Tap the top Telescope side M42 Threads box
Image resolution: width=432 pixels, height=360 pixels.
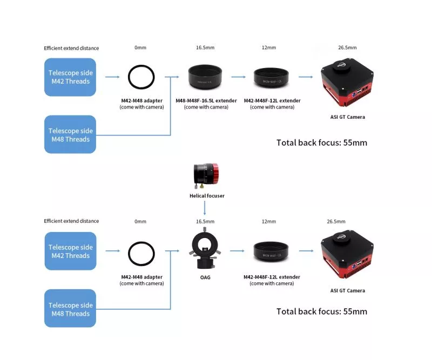(70, 77)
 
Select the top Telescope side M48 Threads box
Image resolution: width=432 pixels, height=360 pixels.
(70, 134)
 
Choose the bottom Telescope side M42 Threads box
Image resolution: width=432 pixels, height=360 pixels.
(70, 251)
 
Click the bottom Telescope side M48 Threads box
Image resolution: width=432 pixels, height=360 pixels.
(70, 309)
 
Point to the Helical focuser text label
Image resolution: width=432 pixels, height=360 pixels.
(207, 196)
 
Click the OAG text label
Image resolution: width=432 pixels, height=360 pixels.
(206, 277)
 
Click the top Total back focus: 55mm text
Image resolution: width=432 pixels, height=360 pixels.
(321, 143)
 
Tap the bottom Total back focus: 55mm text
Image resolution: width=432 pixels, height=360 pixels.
(321, 311)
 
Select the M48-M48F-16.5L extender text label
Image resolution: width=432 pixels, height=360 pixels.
(206, 101)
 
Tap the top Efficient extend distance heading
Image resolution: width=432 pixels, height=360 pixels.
(71, 48)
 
